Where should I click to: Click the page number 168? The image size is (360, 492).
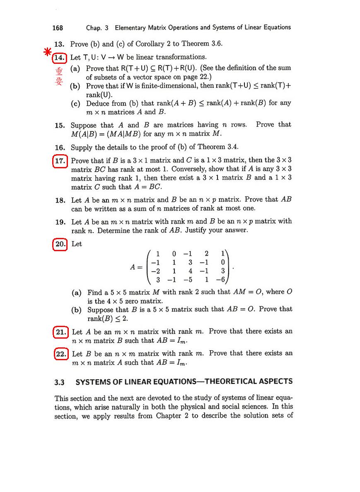pyautogui.click(x=58, y=28)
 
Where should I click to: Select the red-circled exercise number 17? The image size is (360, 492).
pyautogui.click(x=60, y=160)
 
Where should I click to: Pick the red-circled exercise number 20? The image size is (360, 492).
pyautogui.click(x=60, y=244)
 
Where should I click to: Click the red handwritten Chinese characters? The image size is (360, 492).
pyautogui.click(x=59, y=76)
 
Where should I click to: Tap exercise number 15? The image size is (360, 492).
pyautogui.click(x=60, y=125)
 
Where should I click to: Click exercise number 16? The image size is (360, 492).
pyautogui.click(x=60, y=148)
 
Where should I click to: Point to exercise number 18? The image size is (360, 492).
pyautogui.click(x=60, y=200)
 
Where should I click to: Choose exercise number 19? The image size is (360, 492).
pyautogui.click(x=60, y=222)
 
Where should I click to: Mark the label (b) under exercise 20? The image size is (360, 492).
pyautogui.click(x=77, y=310)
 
